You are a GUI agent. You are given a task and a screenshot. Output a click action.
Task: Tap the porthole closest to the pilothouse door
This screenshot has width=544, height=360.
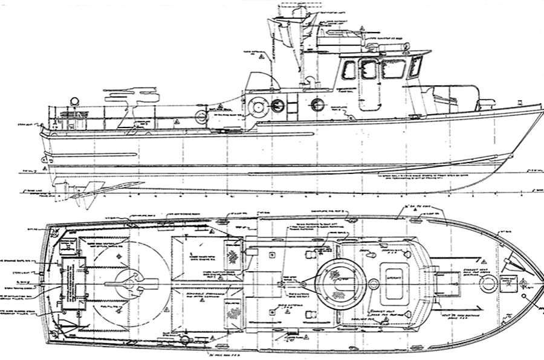(317, 105)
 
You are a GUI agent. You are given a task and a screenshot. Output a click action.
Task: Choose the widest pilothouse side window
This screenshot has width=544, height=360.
(393, 69)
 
